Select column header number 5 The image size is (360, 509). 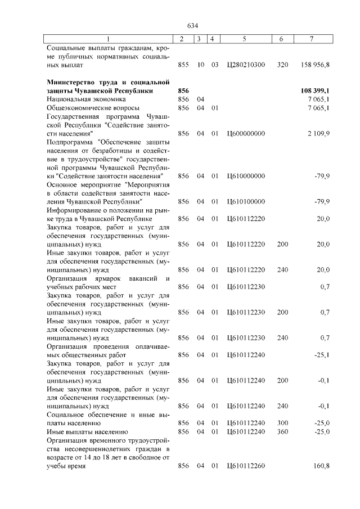click(x=244, y=39)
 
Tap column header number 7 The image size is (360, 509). click(x=311, y=39)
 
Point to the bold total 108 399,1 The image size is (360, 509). click(x=315, y=91)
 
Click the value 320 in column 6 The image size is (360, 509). click(x=282, y=65)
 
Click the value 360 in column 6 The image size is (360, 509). click(x=282, y=431)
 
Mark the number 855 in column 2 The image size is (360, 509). click(x=183, y=65)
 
